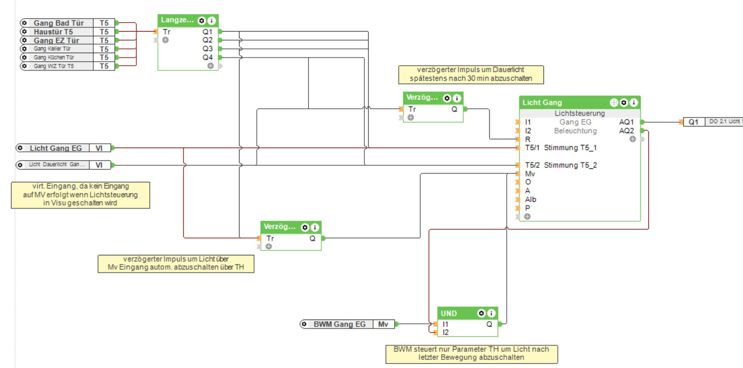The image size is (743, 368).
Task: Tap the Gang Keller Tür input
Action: [x=58, y=49]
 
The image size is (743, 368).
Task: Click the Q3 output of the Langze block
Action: [x=208, y=48]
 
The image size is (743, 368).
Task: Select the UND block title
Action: [x=449, y=313]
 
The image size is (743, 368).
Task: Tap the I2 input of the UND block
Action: [x=445, y=333]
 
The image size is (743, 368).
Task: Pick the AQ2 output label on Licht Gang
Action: [x=626, y=131]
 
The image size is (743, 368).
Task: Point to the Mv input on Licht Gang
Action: [x=530, y=174]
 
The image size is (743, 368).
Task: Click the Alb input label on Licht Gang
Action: [x=530, y=200]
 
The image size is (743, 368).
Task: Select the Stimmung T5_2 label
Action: [x=570, y=165]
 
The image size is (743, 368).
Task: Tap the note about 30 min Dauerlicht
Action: [x=471, y=74]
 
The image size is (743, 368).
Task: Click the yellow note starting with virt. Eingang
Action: [x=80, y=195]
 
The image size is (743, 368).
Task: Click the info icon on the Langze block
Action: [x=211, y=20]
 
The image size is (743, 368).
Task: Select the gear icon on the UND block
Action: [x=481, y=313]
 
